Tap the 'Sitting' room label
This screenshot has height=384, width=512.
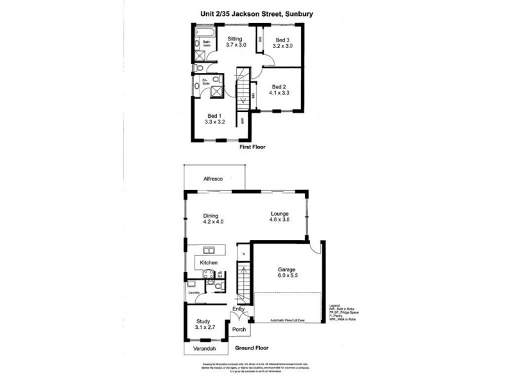tap(235, 40)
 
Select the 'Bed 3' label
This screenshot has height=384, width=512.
tap(282, 40)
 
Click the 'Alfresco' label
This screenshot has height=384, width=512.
tap(213, 179)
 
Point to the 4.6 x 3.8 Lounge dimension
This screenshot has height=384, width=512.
tap(281, 221)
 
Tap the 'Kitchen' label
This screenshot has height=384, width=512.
tap(209, 263)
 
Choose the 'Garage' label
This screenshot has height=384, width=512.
tap(286, 269)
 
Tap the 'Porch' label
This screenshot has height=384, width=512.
tap(239, 330)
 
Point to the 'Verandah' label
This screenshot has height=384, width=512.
tap(205, 348)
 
